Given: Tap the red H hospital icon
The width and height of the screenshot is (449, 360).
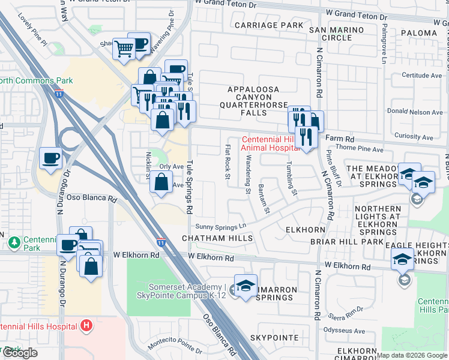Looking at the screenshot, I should [86, 326].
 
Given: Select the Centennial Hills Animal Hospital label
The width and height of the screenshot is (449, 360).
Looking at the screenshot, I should [270, 143].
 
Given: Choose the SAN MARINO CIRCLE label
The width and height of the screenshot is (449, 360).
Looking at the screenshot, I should [337, 34].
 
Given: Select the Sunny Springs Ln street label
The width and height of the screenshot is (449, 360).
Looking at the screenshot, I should [221, 226].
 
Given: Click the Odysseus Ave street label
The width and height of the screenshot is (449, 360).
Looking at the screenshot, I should [345, 331].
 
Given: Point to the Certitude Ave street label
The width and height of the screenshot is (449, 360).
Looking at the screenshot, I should [421, 76].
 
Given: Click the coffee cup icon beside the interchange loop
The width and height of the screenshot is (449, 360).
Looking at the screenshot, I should [50, 158].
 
